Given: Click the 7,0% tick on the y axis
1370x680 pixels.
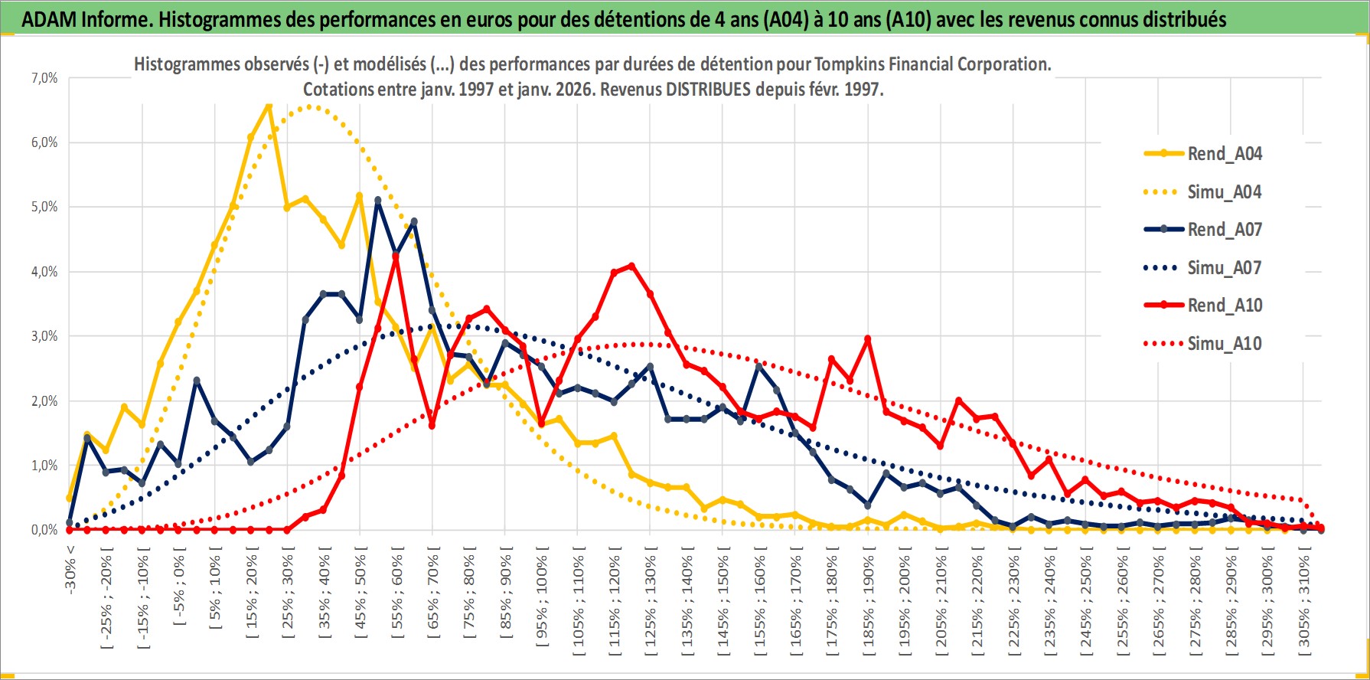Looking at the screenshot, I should coord(44,78).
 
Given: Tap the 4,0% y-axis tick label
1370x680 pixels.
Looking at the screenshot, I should coord(44,272).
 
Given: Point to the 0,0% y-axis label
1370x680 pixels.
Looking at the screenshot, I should coord(44,530).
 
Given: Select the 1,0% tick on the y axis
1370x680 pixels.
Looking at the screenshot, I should coord(44,466).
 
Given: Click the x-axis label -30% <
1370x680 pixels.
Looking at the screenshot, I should coord(70,567).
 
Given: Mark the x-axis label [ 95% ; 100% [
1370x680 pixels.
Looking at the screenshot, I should coord(542,597).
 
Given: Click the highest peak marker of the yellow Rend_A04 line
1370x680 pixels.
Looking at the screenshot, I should coord(268,105).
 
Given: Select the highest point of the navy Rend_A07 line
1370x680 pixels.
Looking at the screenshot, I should coord(378,201).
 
